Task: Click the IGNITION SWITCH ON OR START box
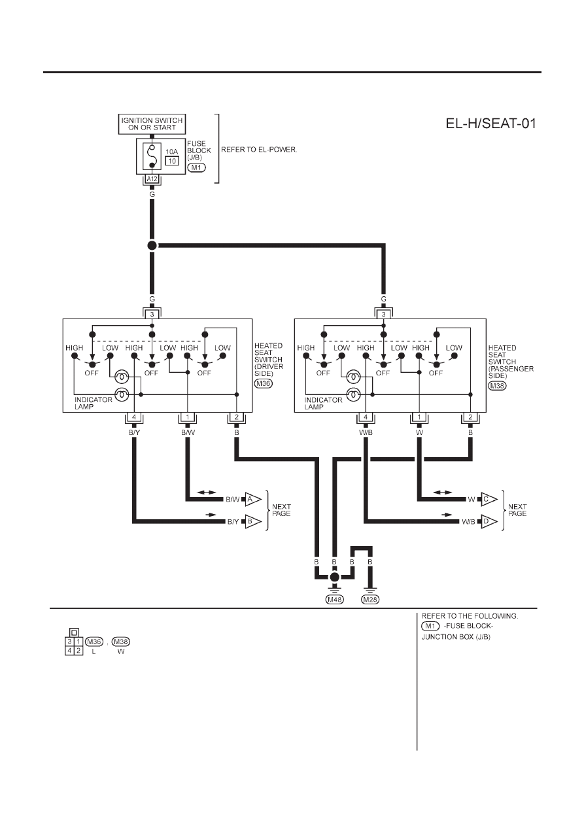tap(152, 124)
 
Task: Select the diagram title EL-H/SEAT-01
tap(490, 123)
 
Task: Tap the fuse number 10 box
tap(172, 161)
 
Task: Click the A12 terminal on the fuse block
tap(152, 179)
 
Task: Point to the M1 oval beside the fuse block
tap(196, 168)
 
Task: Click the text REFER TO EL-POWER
tap(259, 150)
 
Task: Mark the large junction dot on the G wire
tap(152, 245)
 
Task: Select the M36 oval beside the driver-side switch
tap(264, 383)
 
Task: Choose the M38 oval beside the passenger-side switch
tap(497, 386)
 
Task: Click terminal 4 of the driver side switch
tap(134, 417)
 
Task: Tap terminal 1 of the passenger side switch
tap(419, 417)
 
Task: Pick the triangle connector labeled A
tap(253, 499)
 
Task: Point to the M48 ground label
tap(335, 600)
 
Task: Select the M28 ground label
tap(370, 600)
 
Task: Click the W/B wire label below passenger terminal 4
tap(366, 432)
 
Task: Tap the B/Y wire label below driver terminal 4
tap(134, 432)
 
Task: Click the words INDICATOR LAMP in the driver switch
tap(94, 403)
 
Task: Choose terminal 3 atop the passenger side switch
tap(383, 315)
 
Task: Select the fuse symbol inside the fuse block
tap(152, 156)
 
